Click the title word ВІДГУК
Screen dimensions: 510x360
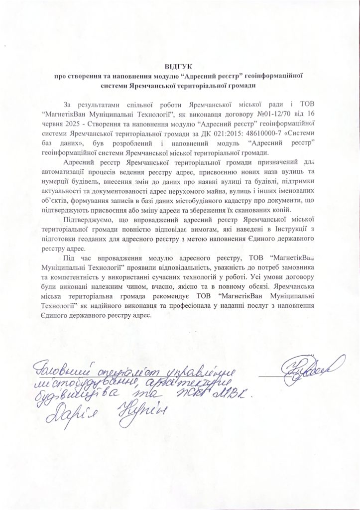(x=180, y=66)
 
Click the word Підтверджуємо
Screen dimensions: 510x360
(x=89, y=220)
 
